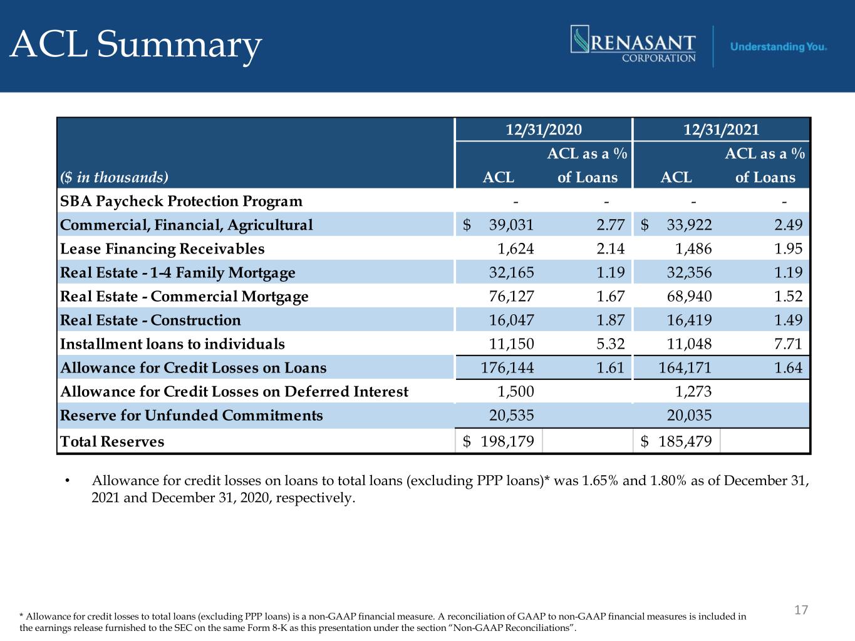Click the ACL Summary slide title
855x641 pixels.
coord(135,46)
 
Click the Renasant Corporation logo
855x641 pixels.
coord(633,44)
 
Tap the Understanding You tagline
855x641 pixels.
coord(778,47)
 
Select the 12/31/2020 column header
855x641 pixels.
coord(544,130)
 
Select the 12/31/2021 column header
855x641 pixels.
coord(721,130)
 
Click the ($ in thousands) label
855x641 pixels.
coord(114,177)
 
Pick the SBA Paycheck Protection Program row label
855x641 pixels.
coord(181,201)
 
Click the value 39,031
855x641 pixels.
coord(511,225)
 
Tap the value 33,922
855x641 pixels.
coord(689,225)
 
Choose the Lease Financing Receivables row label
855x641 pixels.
coord(162,249)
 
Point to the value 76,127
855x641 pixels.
coord(511,297)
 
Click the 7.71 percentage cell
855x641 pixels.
coord(788,344)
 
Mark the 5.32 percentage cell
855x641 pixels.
coord(610,344)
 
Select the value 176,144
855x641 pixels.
coord(507,368)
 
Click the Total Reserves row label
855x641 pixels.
coord(112,442)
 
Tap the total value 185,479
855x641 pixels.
coord(685,442)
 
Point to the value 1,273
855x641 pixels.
coord(693,391)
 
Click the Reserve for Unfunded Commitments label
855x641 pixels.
coord(191,416)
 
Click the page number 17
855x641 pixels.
coord(801,610)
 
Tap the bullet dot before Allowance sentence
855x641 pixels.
coord(68,481)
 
